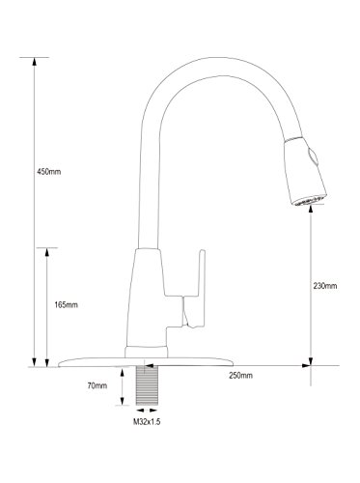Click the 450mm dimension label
point(48,172)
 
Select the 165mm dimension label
point(66,304)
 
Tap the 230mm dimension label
point(325,286)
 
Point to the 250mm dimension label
point(240,375)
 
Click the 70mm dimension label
point(97,385)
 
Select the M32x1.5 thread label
point(147,422)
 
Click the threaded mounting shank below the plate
point(147,385)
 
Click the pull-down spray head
point(305,171)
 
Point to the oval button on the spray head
point(314,156)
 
